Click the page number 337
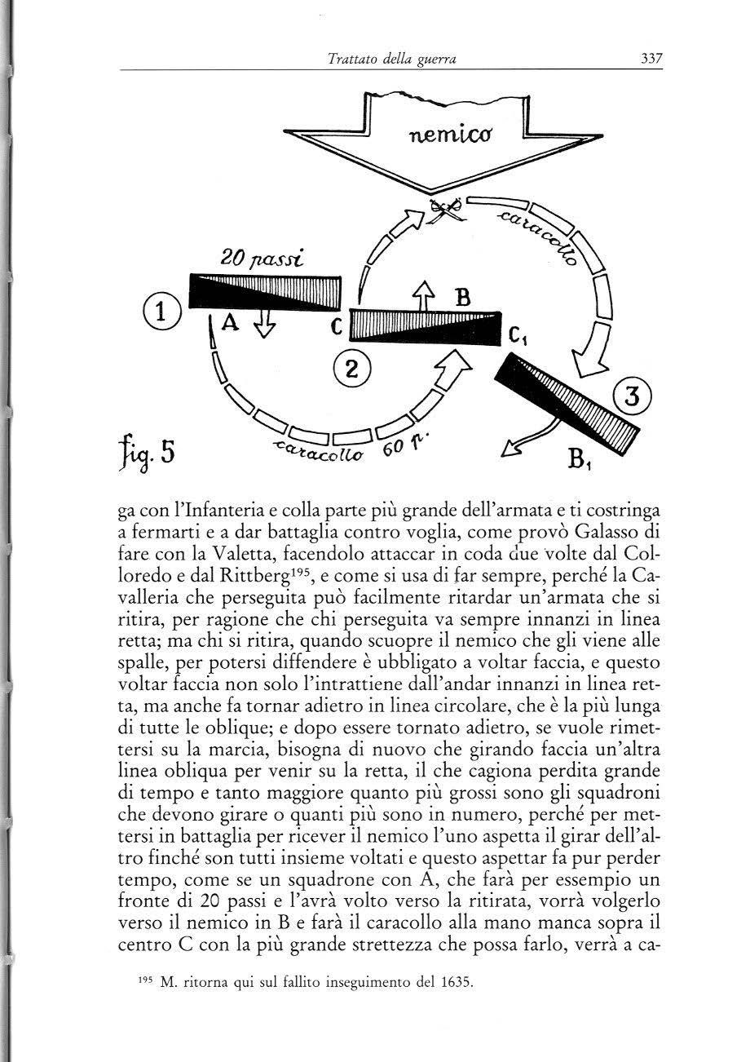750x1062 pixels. pos(649,59)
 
